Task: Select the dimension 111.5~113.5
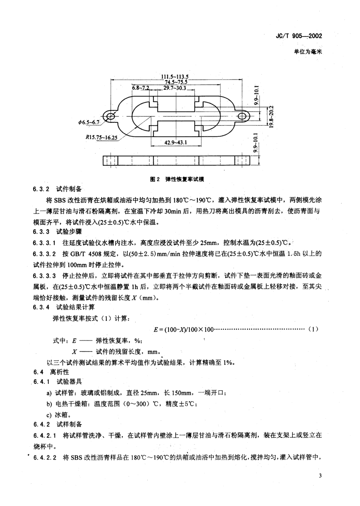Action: pos(175,76)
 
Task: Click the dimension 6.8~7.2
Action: pos(141,88)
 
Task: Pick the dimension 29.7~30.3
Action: pos(175,88)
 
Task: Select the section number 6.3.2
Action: pos(41,189)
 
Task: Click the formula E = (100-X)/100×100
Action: pos(184,329)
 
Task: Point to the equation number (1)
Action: pos(313,329)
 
